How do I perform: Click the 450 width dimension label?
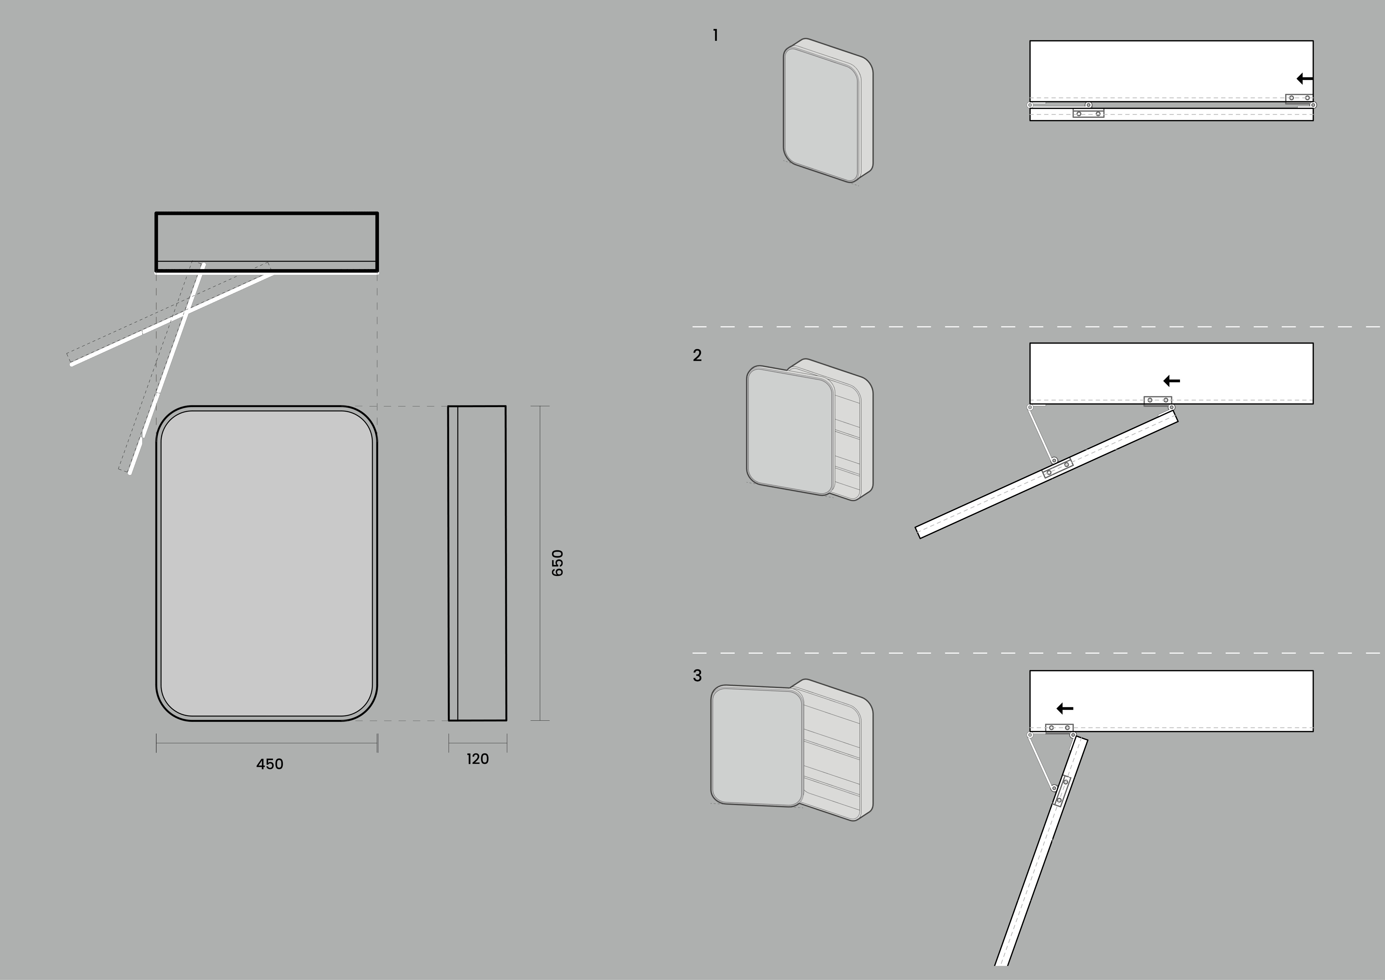click(x=270, y=764)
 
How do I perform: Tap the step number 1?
click(x=715, y=36)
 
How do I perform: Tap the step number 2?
click(x=697, y=355)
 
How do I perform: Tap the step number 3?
click(x=697, y=675)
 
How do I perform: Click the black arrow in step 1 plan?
click(x=1304, y=78)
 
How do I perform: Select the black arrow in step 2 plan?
click(x=1171, y=381)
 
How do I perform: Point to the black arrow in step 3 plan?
click(x=1065, y=708)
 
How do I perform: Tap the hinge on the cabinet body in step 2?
click(x=1157, y=401)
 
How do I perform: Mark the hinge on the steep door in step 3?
click(x=1062, y=791)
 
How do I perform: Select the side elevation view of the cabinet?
click(x=477, y=563)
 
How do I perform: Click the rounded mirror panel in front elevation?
click(x=267, y=563)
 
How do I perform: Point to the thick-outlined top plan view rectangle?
click(x=267, y=241)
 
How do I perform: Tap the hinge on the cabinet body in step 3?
click(x=1059, y=728)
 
